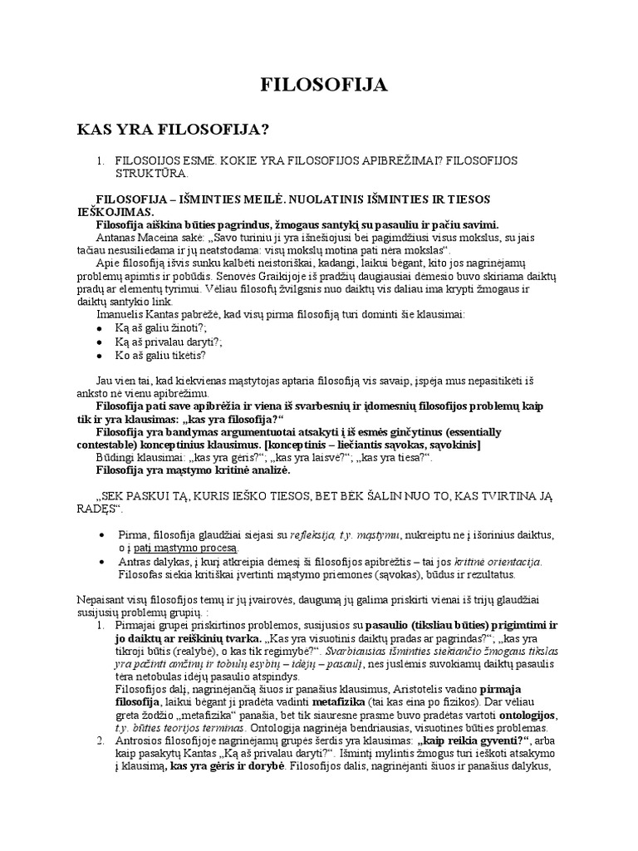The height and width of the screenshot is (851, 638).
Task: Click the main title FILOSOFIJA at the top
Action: point(319,86)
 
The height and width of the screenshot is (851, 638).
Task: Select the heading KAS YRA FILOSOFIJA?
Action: point(174,129)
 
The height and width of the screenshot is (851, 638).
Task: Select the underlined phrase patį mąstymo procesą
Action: point(184,548)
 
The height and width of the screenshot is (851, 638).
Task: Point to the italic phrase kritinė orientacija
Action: point(493,561)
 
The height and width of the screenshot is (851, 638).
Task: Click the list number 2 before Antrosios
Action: point(101,740)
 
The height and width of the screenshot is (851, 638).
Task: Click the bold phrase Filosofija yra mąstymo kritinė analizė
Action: point(194,470)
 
